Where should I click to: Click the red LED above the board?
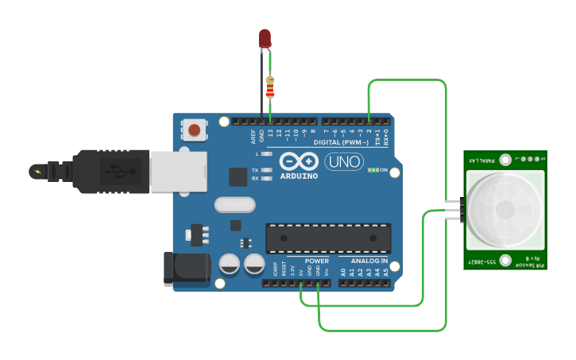pos(265,37)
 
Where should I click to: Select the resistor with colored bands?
pos(270,87)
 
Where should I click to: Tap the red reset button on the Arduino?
pos(195,130)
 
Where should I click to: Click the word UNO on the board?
pos(344,162)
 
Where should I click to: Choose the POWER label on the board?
pos(316,261)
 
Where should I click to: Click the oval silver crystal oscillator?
pos(235,205)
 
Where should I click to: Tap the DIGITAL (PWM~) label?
pos(341,141)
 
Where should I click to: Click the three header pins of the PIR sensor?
pos(453,210)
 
